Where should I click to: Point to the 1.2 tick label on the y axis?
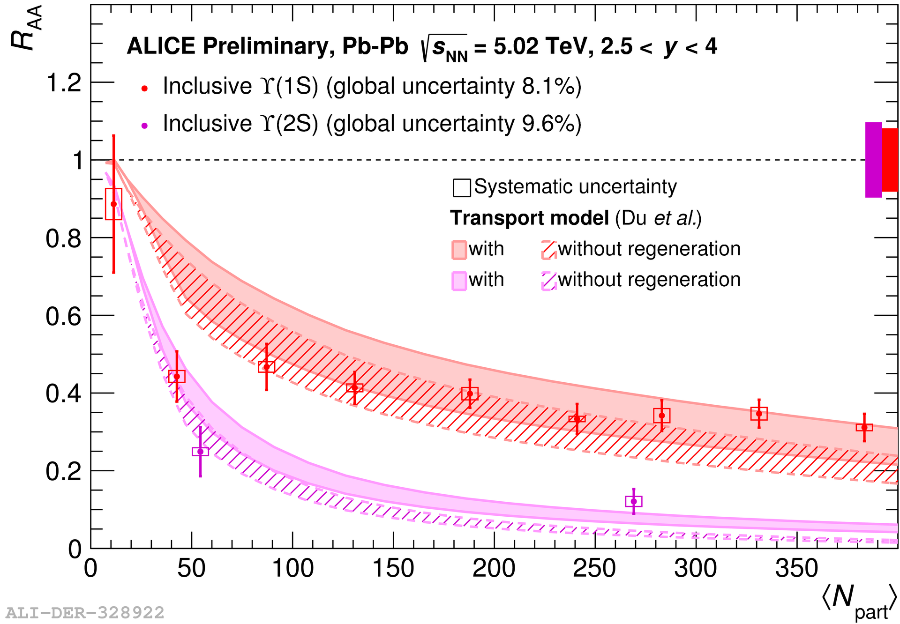[x=64, y=83]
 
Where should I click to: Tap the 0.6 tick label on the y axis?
[x=64, y=316]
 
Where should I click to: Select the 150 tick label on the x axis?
[x=393, y=569]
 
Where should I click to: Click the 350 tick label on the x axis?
[x=796, y=569]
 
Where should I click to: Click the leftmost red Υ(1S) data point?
[x=113, y=204]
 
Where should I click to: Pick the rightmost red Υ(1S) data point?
[x=864, y=427]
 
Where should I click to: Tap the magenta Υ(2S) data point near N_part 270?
[x=634, y=501]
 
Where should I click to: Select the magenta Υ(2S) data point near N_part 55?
[x=200, y=452]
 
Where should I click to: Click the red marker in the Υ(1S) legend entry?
[x=144, y=88]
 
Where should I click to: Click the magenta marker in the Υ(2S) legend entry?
[x=144, y=126]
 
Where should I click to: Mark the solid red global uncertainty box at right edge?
[x=890, y=160]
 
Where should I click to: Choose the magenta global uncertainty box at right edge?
[x=873, y=160]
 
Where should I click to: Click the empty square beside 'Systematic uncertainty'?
[x=462, y=188]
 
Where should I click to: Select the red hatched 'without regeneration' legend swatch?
[x=548, y=250]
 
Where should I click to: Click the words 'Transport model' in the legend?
[x=529, y=218]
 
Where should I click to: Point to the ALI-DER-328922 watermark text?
[x=85, y=613]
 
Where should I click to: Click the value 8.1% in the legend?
[x=547, y=87]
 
